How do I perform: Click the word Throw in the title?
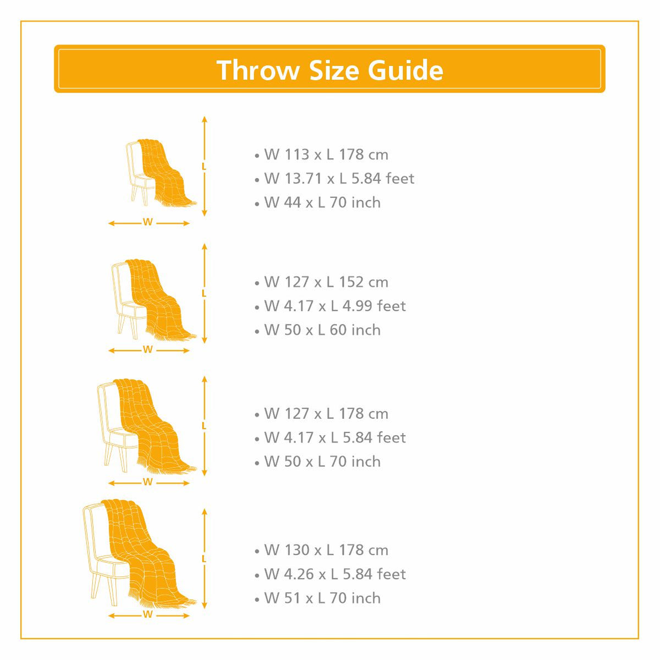(257, 70)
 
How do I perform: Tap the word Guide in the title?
(405, 70)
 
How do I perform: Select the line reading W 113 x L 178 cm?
(326, 155)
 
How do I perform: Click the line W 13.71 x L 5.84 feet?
(339, 178)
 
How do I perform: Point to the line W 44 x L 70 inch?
(322, 202)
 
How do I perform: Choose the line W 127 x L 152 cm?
(326, 282)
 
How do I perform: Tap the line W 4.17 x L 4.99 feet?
(335, 306)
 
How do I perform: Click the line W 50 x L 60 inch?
(322, 330)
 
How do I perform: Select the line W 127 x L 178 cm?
(326, 414)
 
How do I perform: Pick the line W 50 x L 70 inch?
(322, 461)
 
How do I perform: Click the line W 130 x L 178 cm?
(326, 550)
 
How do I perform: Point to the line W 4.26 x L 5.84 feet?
(335, 574)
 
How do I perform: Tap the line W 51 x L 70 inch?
(322, 598)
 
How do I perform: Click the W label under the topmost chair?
(147, 222)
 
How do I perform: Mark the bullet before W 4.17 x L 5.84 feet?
(257, 439)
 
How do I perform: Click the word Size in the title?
(334, 70)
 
